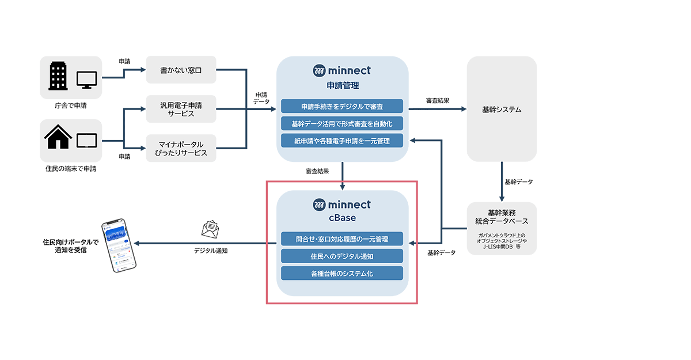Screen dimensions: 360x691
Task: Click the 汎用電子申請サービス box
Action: (x=181, y=109)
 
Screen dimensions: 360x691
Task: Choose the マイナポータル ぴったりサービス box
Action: (x=181, y=148)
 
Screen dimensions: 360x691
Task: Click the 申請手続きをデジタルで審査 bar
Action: (x=342, y=106)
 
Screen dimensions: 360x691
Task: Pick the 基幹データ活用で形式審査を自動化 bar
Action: (x=342, y=123)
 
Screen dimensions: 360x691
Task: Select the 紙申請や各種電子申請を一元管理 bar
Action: (x=342, y=140)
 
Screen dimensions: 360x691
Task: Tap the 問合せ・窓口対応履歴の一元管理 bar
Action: (x=342, y=238)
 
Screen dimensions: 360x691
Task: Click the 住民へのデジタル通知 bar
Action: (x=342, y=256)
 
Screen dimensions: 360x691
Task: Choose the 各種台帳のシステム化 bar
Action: (x=342, y=273)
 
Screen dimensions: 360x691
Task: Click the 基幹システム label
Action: (x=502, y=109)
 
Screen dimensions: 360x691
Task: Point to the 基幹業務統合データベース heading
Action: (x=502, y=217)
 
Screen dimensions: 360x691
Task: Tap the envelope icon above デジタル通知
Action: (x=211, y=230)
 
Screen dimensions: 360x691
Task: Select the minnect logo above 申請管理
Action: (x=342, y=71)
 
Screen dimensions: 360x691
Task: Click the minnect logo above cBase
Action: (x=342, y=204)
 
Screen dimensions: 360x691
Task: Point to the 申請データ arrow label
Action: (x=261, y=98)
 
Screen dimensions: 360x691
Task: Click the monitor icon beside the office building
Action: (x=88, y=78)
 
